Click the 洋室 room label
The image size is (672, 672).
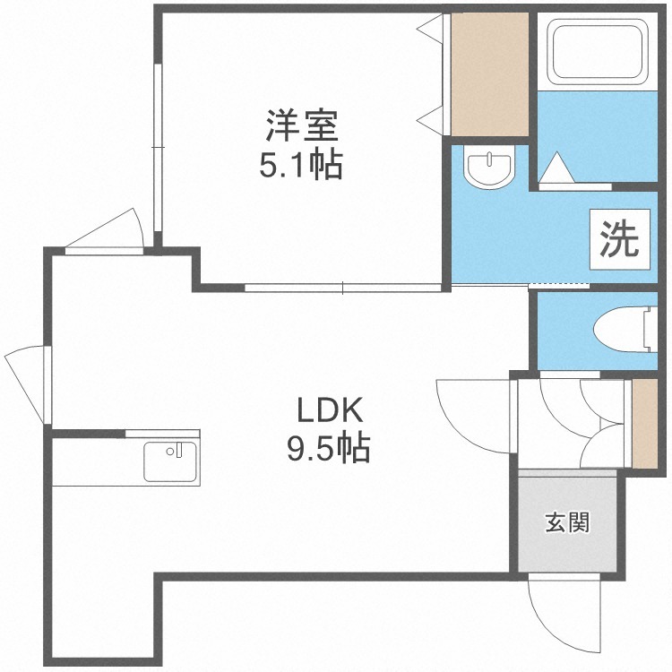302,126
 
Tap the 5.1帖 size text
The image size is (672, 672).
301,164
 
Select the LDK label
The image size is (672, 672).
330,410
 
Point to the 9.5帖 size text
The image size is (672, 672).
328,448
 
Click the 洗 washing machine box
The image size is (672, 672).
620,239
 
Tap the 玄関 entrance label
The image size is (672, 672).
567,522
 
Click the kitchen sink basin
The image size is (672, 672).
170,461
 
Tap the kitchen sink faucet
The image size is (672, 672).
176,450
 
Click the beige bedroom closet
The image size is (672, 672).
489,74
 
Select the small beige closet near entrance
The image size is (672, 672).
645,424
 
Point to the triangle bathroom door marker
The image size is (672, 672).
556,168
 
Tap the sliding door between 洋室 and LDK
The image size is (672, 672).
343,288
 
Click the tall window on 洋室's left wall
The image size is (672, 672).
158,148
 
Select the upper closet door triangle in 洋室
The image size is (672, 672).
430,29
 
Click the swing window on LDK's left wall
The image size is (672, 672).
29,384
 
